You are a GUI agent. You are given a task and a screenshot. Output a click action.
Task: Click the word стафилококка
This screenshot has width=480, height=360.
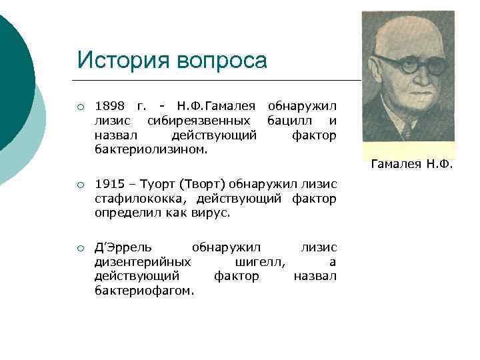pyautogui.click(x=141, y=198)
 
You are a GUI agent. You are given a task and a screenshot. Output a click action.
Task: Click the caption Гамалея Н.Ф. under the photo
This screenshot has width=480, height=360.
pyautogui.click(x=411, y=164)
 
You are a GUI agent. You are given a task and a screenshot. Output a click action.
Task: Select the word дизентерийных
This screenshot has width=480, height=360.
pyautogui.click(x=143, y=262)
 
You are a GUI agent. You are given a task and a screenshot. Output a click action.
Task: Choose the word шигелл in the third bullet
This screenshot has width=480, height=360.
pyautogui.click(x=261, y=262)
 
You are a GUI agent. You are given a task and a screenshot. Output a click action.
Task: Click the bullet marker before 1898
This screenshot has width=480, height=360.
pyautogui.click(x=79, y=107)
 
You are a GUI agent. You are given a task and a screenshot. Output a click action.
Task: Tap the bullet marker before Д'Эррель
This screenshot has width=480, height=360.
pyautogui.click(x=79, y=248)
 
